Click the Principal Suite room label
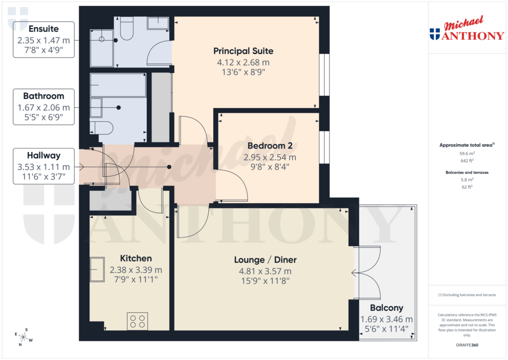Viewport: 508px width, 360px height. click(x=243, y=51)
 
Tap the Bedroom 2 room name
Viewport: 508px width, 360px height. click(x=269, y=146)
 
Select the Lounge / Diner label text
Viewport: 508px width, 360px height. click(x=265, y=260)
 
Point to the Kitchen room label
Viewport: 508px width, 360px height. click(x=136, y=258)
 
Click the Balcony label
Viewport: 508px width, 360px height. click(x=386, y=308)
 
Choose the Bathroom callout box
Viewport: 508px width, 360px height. click(x=44, y=106)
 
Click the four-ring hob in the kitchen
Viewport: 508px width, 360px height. click(x=137, y=321)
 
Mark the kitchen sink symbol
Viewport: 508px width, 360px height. click(x=97, y=270)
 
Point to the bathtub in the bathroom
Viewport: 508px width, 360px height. click(x=118, y=85)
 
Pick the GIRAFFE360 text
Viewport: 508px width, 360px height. click(x=467, y=345)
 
